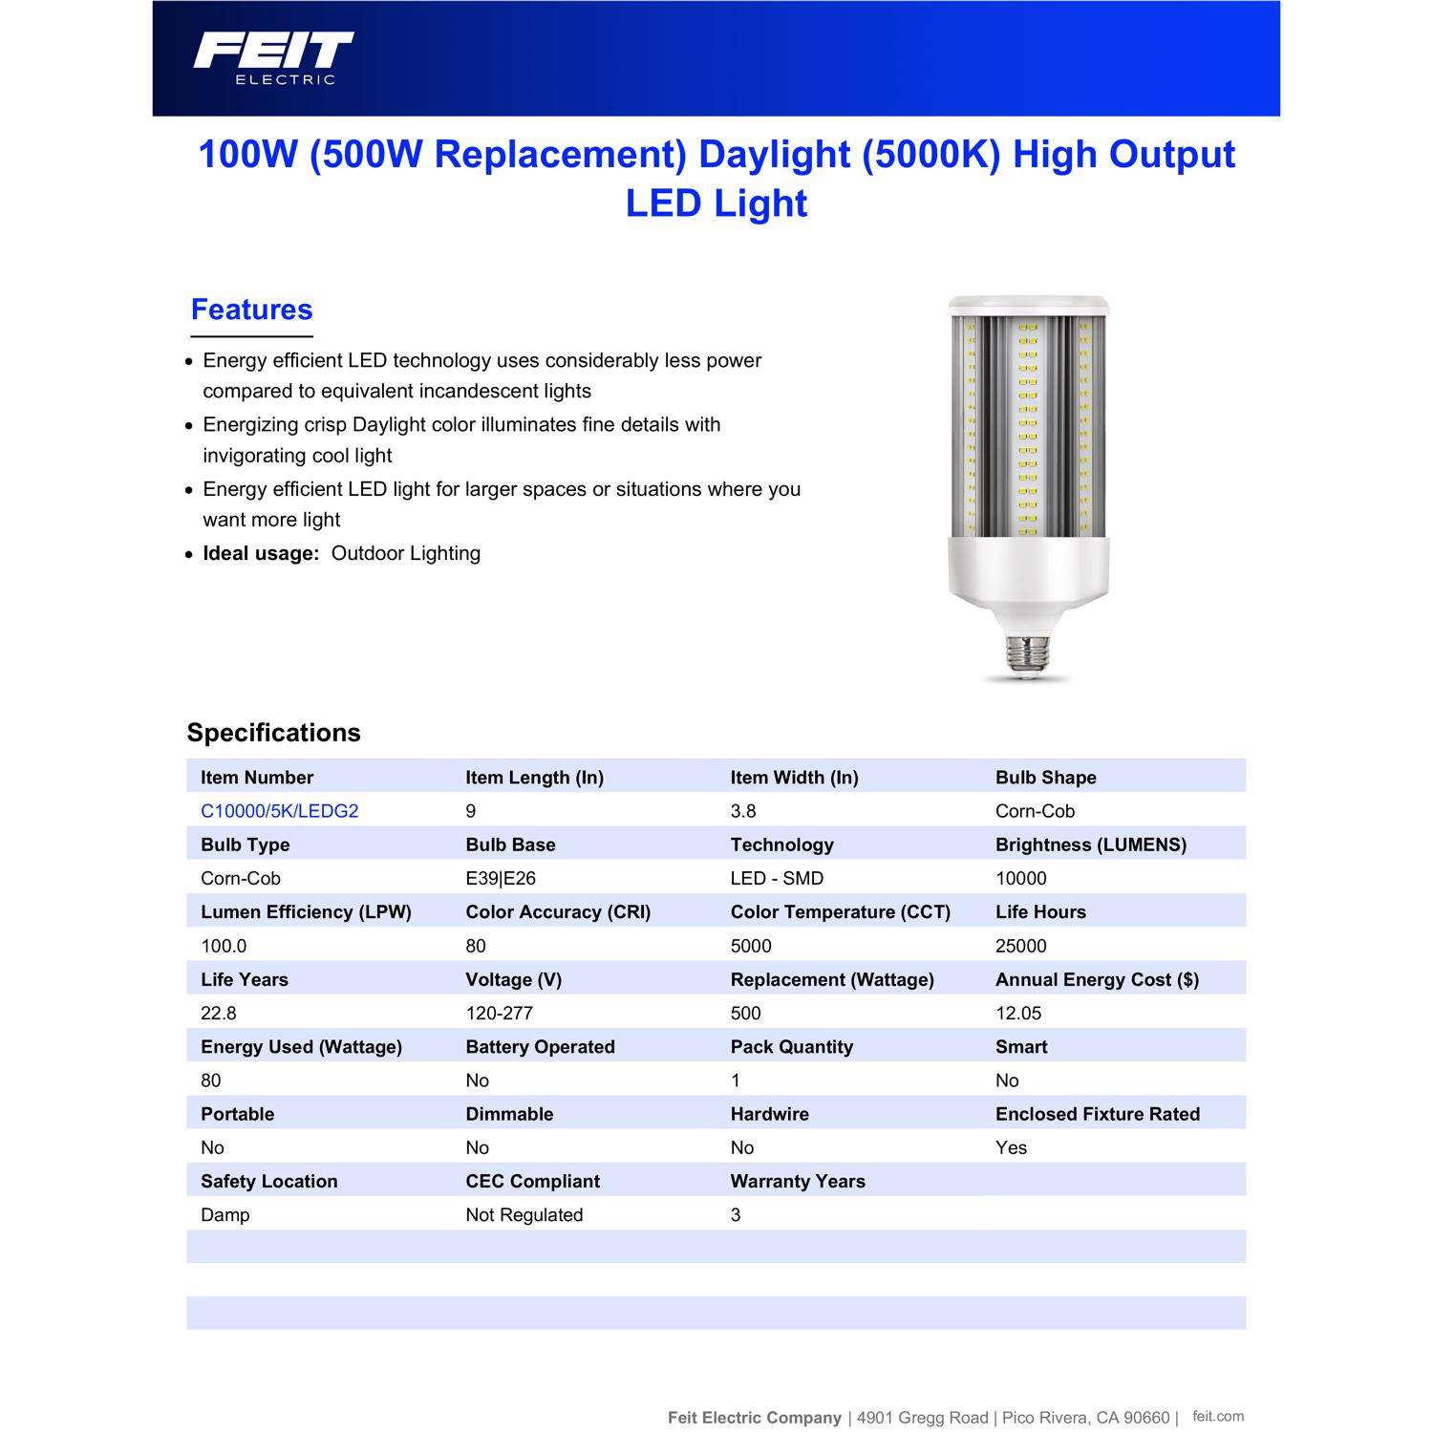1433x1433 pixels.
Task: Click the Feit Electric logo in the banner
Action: coord(273,58)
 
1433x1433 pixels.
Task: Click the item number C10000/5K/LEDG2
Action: coord(279,811)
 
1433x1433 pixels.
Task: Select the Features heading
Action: coord(251,310)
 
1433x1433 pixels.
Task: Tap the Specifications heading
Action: coord(273,733)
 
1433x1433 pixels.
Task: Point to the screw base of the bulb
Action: coord(1025,654)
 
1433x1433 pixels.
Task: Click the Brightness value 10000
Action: coord(1020,878)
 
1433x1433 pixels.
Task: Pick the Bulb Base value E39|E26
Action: coord(501,878)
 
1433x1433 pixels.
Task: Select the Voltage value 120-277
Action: coord(499,1013)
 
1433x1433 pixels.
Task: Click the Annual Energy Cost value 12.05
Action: coord(1018,1013)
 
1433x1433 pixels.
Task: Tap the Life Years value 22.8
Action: coord(218,1013)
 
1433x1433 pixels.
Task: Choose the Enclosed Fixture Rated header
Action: coord(1097,1114)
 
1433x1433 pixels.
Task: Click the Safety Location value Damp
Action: coord(225,1215)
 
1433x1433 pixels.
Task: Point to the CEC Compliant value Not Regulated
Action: coord(524,1215)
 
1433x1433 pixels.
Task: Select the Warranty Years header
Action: coord(798,1181)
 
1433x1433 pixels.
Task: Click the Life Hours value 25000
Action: coord(1020,946)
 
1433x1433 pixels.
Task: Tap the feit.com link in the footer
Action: coord(1218,1416)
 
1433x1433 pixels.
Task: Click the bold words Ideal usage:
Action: coord(260,553)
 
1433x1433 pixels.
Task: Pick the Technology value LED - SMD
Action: coord(777,878)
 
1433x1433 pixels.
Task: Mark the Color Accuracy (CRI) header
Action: coord(558,912)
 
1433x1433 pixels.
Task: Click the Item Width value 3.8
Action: coord(743,811)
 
